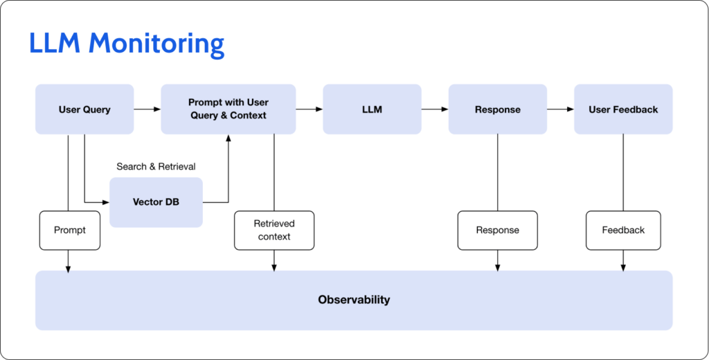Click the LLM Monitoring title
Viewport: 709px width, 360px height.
pyautogui.click(x=127, y=44)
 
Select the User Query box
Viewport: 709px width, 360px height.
pyautogui.click(x=84, y=109)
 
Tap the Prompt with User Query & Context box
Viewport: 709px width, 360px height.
pyautogui.click(x=228, y=109)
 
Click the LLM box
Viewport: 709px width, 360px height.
pyautogui.click(x=372, y=109)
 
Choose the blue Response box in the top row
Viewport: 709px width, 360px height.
pyautogui.click(x=497, y=109)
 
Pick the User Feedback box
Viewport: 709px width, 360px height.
pyautogui.click(x=623, y=109)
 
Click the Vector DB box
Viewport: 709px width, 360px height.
pyautogui.click(x=156, y=202)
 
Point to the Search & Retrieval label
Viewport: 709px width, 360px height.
pyautogui.click(x=156, y=167)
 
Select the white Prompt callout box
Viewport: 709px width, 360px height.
pyautogui.click(x=70, y=230)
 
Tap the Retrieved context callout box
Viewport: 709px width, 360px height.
pyautogui.click(x=274, y=230)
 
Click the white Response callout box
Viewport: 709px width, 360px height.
pyautogui.click(x=497, y=230)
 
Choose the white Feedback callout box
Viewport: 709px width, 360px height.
pyautogui.click(x=623, y=230)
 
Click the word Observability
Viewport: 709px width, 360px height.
pyautogui.click(x=354, y=300)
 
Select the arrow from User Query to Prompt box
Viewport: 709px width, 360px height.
pyautogui.click(x=147, y=109)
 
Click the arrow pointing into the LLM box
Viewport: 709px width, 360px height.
pyautogui.click(x=309, y=109)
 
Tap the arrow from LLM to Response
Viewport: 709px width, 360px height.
pyautogui.click(x=435, y=109)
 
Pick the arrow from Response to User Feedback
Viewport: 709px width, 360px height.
pyautogui.click(x=560, y=109)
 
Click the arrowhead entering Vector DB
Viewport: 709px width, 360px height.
pyautogui.click(x=107, y=202)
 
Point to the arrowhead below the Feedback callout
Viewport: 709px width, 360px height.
pyautogui.click(x=623, y=267)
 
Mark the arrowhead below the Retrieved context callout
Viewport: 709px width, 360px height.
pyautogui.click(x=274, y=267)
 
